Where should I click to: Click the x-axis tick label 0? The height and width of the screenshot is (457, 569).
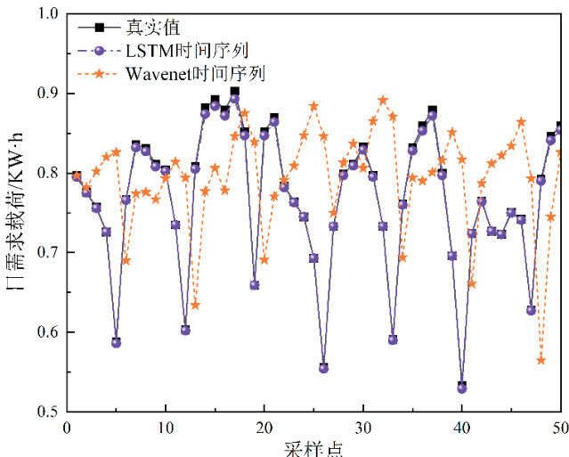67,428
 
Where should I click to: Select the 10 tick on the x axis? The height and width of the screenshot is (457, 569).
166,428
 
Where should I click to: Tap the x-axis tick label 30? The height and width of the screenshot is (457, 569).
363,428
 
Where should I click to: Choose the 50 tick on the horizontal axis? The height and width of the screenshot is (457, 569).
559,428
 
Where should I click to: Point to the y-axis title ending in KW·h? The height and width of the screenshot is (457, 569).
15,213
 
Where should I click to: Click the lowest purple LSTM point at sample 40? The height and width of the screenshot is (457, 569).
462,388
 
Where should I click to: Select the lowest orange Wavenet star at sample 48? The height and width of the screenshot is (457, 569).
541,360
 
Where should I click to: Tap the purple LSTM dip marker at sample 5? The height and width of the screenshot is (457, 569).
117,342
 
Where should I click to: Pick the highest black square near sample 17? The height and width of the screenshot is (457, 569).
235,92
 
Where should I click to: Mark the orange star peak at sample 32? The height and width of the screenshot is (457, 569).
383,101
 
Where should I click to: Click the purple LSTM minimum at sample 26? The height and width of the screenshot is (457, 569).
324,368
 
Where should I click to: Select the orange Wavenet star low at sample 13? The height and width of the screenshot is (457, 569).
195,306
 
